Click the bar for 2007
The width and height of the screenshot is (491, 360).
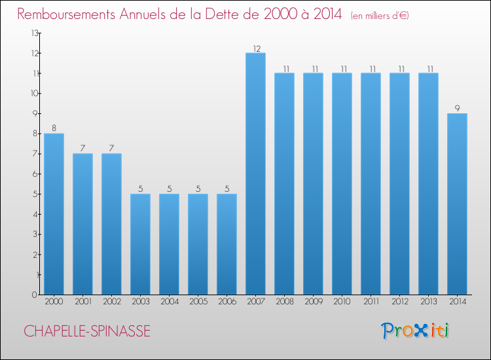coord(255,173)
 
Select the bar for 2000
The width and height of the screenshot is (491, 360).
coord(54,214)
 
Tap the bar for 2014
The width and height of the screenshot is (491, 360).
coord(457,204)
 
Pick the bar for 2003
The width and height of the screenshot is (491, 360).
coord(140,244)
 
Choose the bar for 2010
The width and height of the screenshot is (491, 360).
coord(342,184)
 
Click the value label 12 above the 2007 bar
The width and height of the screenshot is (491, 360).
coord(257,48)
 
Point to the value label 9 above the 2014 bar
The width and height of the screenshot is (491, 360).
coord(457,108)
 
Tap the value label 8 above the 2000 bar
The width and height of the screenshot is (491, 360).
coord(54,128)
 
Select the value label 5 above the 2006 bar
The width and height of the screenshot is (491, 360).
coord(227,189)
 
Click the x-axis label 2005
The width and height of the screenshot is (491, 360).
coord(198,302)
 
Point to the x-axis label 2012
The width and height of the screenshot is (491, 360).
coord(400,302)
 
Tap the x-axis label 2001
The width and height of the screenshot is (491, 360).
coord(83,302)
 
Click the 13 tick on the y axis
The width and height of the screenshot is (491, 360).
coord(35,33)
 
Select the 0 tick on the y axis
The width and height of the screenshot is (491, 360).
coord(35,295)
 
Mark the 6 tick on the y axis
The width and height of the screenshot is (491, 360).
coord(35,174)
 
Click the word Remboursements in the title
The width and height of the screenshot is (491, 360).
coord(66,14)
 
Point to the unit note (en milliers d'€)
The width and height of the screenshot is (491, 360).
coord(380,16)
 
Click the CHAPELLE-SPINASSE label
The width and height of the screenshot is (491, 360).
coord(87,331)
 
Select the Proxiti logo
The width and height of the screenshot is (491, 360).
coord(415,331)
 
